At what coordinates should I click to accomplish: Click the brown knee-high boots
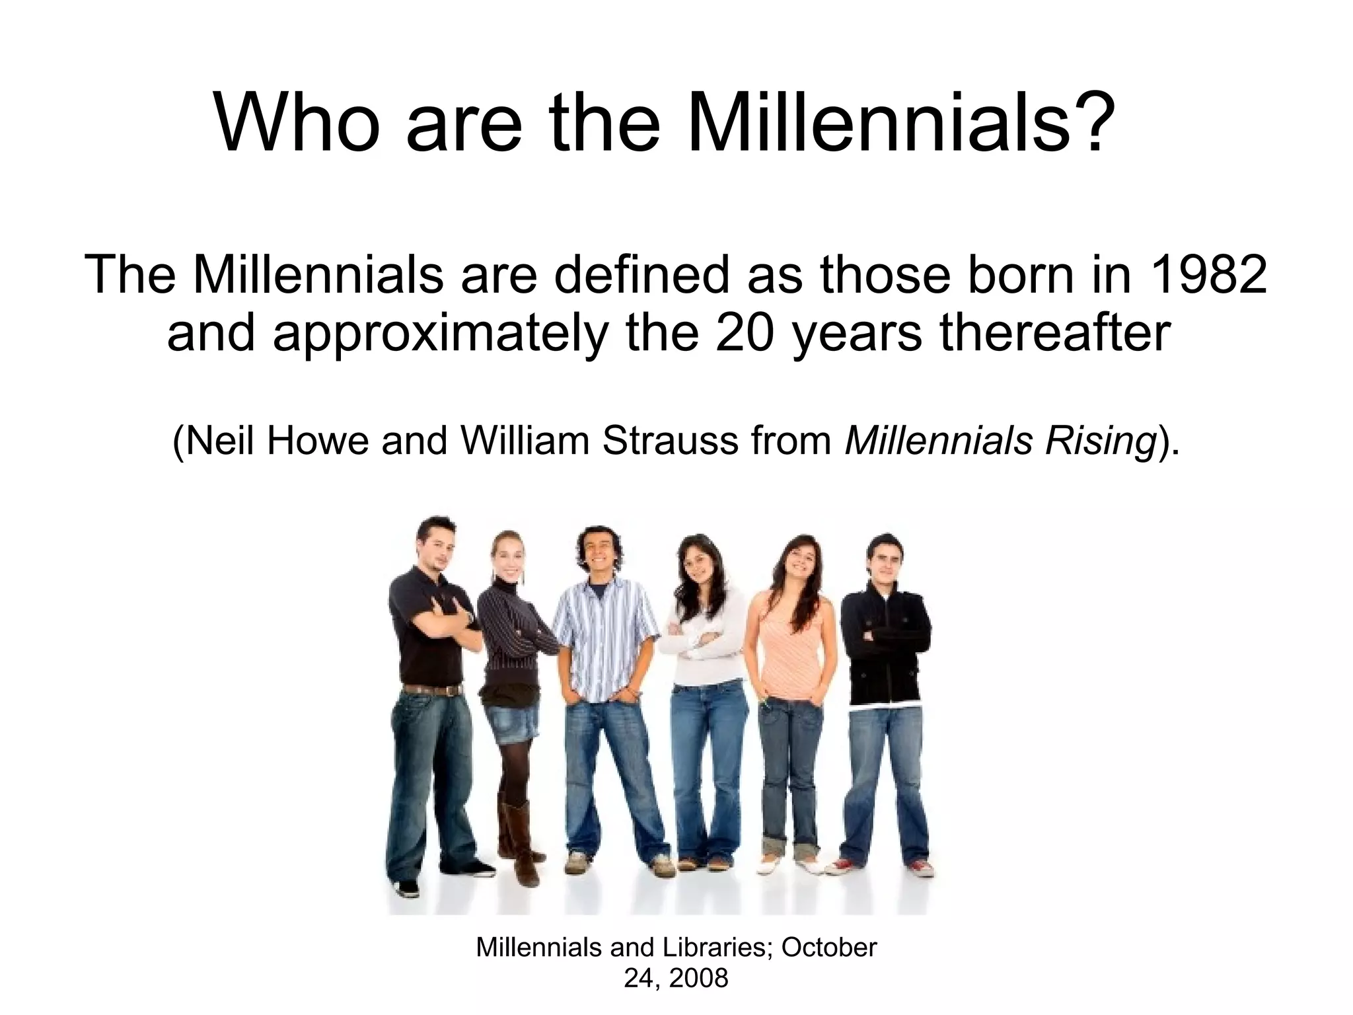point(518,836)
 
